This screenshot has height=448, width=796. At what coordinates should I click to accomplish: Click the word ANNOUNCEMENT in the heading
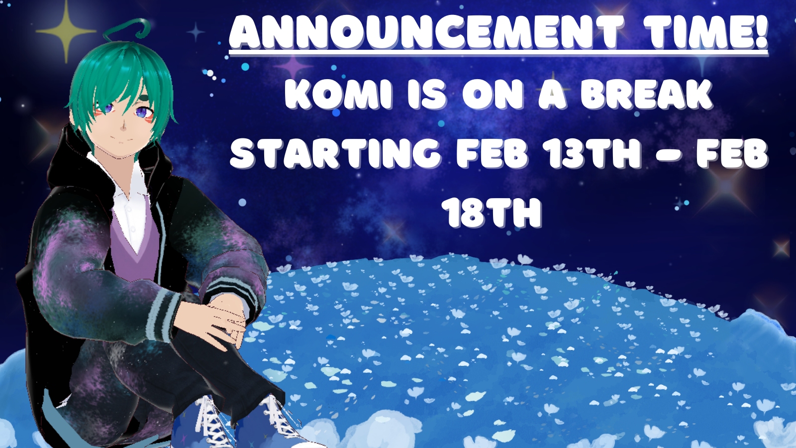click(x=427, y=33)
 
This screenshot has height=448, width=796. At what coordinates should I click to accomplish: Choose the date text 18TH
click(x=494, y=213)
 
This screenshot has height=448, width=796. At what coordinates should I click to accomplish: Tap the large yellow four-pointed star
click(x=66, y=32)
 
